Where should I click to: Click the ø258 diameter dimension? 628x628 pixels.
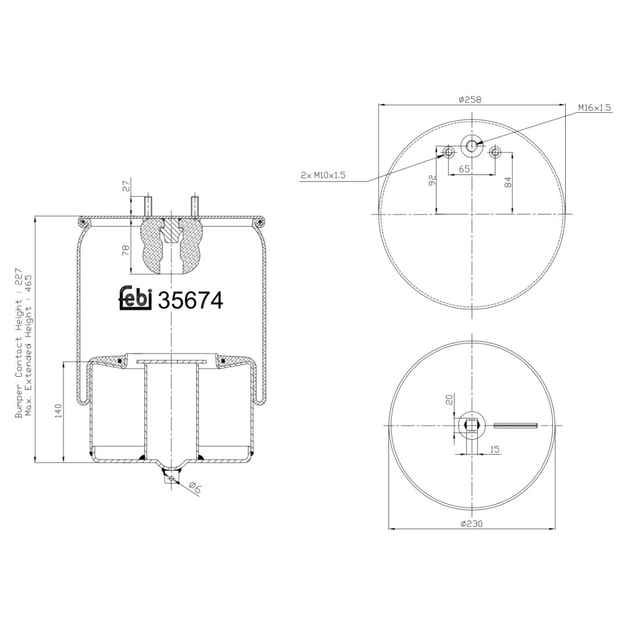470,99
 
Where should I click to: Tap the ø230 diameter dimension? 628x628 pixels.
472,523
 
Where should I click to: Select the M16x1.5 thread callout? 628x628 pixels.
594,108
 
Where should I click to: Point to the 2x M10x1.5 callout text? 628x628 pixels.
323,175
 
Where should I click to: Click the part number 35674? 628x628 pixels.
191,301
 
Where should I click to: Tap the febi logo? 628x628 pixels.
135,299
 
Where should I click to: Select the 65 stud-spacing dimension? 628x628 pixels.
464,169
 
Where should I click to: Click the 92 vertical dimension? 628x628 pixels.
432,180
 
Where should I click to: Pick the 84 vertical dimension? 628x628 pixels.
508,183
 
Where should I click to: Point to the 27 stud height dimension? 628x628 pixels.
127,187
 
